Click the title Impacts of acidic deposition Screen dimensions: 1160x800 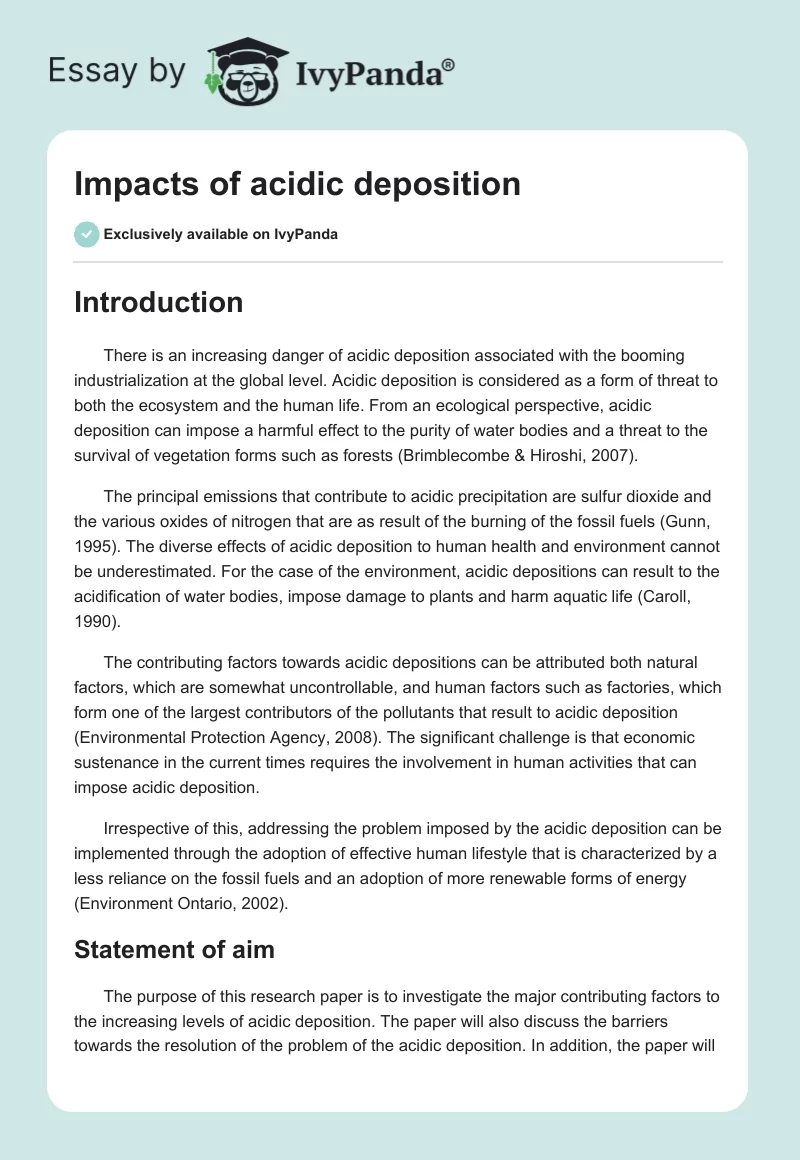point(297,184)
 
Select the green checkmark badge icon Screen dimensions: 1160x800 point(86,234)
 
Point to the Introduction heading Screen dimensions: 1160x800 point(158,302)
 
